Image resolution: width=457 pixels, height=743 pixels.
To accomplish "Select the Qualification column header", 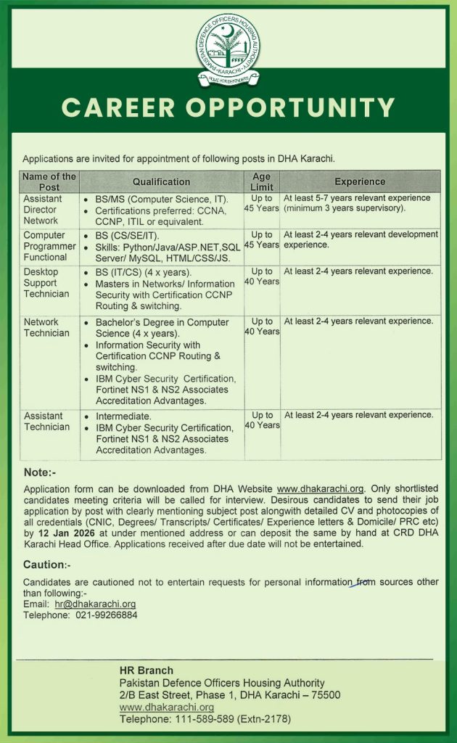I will (161, 181).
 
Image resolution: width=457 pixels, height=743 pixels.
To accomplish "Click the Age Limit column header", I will (261, 181).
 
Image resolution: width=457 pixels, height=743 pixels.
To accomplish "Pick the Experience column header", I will (360, 181).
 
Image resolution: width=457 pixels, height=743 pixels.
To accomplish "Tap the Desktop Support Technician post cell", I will (46, 282).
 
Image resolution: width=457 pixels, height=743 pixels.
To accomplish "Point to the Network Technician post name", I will (46, 327).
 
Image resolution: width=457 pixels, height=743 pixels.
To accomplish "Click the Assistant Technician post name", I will (46, 421).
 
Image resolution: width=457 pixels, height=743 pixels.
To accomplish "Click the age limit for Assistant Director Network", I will (261, 203).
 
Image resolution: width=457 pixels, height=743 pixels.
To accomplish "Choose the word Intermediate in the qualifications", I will (123, 416).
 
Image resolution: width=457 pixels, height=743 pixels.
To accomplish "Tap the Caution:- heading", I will (46, 564).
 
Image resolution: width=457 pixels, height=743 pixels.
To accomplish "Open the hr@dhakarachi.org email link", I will (95, 604).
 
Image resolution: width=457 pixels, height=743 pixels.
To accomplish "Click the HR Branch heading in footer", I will (146, 670).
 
